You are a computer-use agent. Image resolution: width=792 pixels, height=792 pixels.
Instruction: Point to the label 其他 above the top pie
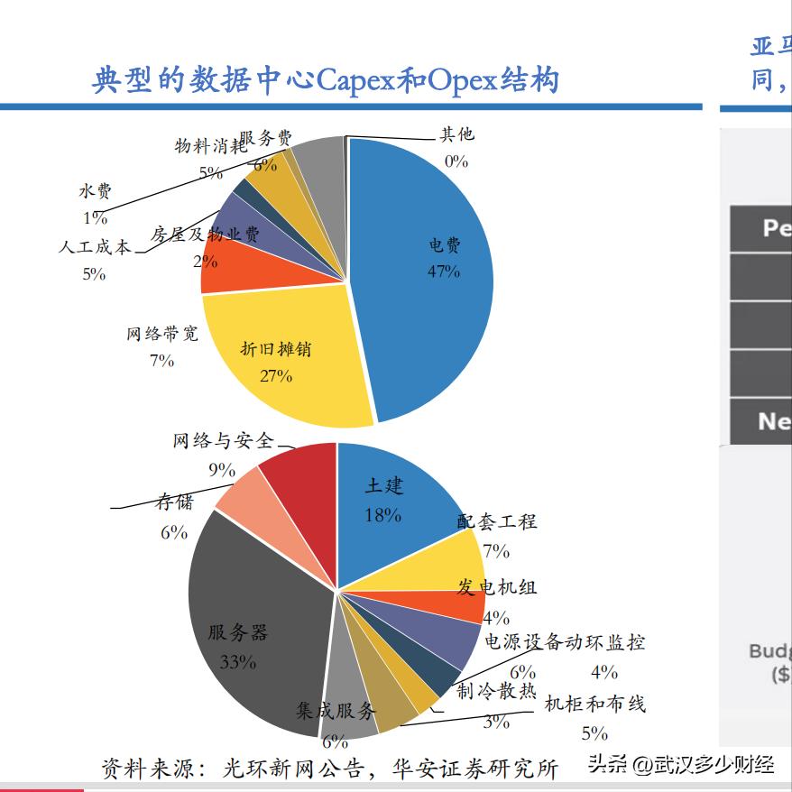click(456, 135)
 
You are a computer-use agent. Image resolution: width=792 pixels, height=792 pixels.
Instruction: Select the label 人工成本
click(94, 247)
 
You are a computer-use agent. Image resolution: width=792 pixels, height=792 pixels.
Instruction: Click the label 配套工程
click(496, 521)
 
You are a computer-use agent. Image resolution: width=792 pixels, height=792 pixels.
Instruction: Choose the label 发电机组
click(496, 587)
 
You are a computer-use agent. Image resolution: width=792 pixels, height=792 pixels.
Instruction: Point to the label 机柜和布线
click(594, 705)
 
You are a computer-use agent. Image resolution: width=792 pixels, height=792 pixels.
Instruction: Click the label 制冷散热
click(496, 692)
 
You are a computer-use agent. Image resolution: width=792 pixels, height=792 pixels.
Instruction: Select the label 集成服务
click(335, 712)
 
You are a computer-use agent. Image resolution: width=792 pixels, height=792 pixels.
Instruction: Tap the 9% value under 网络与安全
click(221, 470)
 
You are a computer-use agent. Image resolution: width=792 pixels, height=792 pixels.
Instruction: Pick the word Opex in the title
click(462, 81)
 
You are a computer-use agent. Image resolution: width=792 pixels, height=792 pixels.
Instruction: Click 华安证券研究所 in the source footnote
click(475, 769)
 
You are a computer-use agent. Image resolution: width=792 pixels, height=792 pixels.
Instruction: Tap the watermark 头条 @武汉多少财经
click(681, 766)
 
